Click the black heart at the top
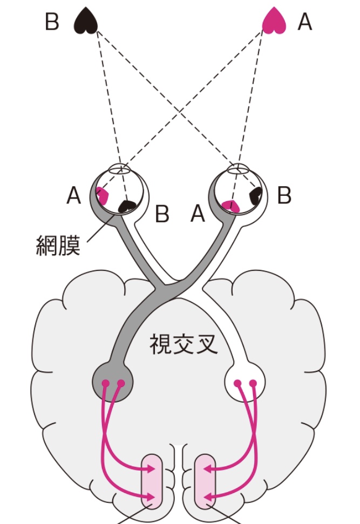pyautogui.click(x=86, y=21)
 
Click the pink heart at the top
pyautogui.click(x=274, y=21)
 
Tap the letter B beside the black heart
pyautogui.click(x=52, y=22)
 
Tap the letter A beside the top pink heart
pyautogui.click(x=304, y=22)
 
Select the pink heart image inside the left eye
pyautogui.click(x=103, y=196)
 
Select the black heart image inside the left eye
pyautogui.click(x=127, y=206)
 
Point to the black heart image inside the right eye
pyautogui.click(x=256, y=195)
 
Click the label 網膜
pyautogui.click(x=58, y=246)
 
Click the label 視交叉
pyautogui.click(x=184, y=344)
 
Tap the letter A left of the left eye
pyautogui.click(x=73, y=195)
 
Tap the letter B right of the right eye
pyautogui.click(x=284, y=195)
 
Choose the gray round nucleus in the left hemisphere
pyautogui.click(x=112, y=382)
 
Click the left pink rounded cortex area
pyautogui.click(x=152, y=481)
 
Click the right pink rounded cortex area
pyautogui.click(x=205, y=481)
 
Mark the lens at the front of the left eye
pyautogui.click(x=120, y=169)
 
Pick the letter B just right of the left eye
pyautogui.click(x=162, y=214)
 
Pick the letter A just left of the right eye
pyautogui.click(x=198, y=214)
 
